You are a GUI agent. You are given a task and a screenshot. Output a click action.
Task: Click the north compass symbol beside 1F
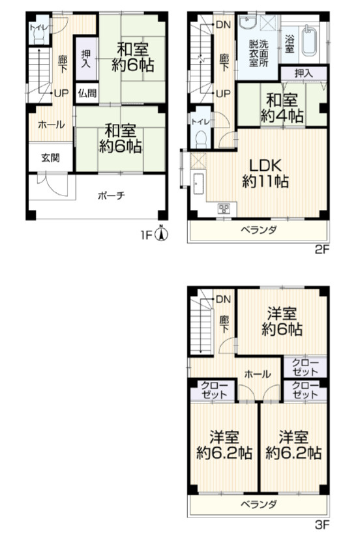click(162, 234)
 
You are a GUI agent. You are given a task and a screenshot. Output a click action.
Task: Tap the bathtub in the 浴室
click(309, 40)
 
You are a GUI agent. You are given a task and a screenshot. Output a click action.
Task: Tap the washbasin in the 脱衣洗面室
click(248, 23)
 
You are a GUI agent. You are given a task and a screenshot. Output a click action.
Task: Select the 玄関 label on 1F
click(50, 158)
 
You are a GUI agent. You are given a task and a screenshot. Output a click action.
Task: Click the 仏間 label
click(87, 93)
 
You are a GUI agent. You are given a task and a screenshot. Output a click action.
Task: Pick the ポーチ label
click(111, 196)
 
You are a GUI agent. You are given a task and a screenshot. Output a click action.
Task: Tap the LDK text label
click(265, 166)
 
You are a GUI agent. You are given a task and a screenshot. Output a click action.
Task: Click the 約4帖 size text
click(282, 116)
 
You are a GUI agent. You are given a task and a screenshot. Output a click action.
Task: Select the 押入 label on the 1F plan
click(85, 59)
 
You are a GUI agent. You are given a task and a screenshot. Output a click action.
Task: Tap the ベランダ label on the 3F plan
click(258, 504)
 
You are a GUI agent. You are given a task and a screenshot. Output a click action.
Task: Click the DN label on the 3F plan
click(223, 299)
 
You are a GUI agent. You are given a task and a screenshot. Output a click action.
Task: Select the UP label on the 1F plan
click(61, 93)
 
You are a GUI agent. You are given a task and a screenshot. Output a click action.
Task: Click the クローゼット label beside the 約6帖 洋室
click(305, 367)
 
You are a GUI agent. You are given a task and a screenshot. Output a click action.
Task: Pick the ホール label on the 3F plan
click(258, 374)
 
